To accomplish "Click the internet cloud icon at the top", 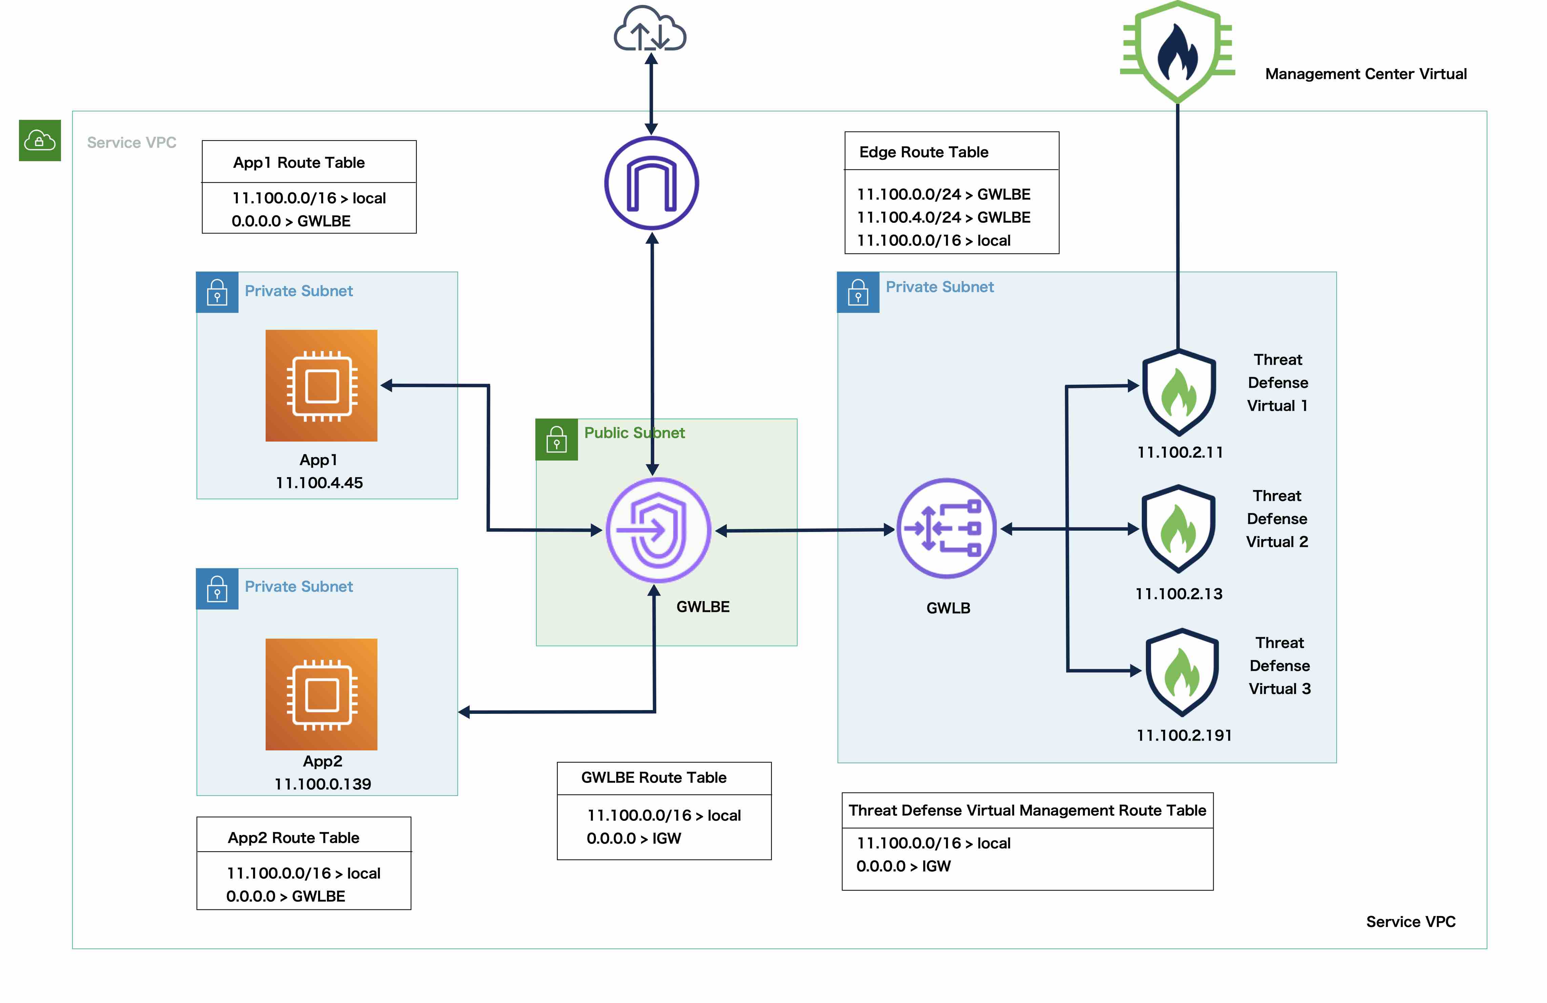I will (x=649, y=29).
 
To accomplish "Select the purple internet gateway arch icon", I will (x=651, y=183).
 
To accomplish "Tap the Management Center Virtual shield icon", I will (x=1177, y=52).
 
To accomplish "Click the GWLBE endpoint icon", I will (x=658, y=530).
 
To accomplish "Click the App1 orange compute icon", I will (x=321, y=386).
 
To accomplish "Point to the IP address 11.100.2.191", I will (x=1184, y=735).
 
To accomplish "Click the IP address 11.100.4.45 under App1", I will (x=319, y=483).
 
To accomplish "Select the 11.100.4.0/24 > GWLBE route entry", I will (x=943, y=218).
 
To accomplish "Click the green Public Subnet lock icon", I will (x=556, y=440).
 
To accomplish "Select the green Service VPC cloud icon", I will (x=40, y=140).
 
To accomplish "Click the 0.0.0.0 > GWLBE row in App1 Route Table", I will (x=291, y=221).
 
